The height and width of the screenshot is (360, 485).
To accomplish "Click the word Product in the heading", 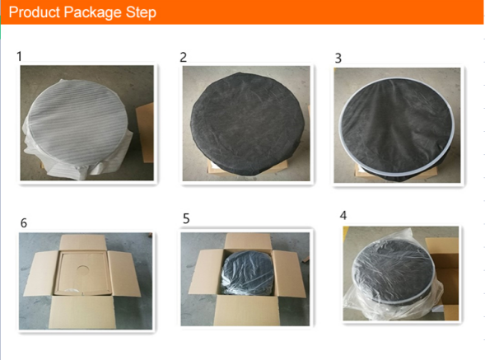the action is click(35, 12).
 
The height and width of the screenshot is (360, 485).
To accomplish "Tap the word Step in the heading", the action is click(141, 13).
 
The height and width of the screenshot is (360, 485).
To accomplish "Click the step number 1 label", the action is click(20, 57).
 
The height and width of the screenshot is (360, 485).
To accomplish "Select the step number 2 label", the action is click(183, 58).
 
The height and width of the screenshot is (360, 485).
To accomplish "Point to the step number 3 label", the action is click(338, 58).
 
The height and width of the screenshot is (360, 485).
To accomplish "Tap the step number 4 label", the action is click(343, 215).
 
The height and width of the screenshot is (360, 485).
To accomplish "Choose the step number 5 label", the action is click(186, 218).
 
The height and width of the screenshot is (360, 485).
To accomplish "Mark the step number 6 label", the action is click(24, 223).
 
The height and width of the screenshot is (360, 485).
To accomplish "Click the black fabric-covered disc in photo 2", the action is click(246, 122).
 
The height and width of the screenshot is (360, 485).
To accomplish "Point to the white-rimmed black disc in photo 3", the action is click(397, 126).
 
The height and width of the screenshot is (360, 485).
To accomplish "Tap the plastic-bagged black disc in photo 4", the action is click(394, 273).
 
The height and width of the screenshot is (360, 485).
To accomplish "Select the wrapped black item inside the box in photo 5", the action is click(248, 273).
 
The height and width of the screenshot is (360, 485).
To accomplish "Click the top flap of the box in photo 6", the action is click(83, 242).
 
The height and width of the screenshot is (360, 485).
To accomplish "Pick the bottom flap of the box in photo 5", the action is click(246, 311).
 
